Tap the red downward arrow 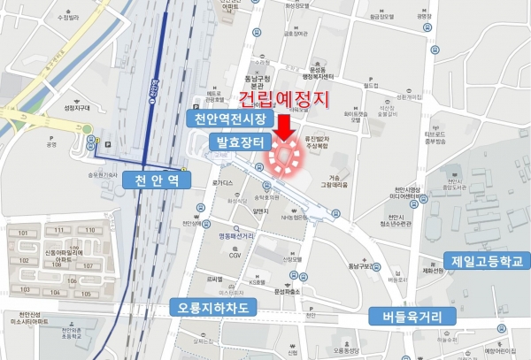click(x=284, y=124)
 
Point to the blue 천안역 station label click(x=158, y=180)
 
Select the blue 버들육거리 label click(x=409, y=315)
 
